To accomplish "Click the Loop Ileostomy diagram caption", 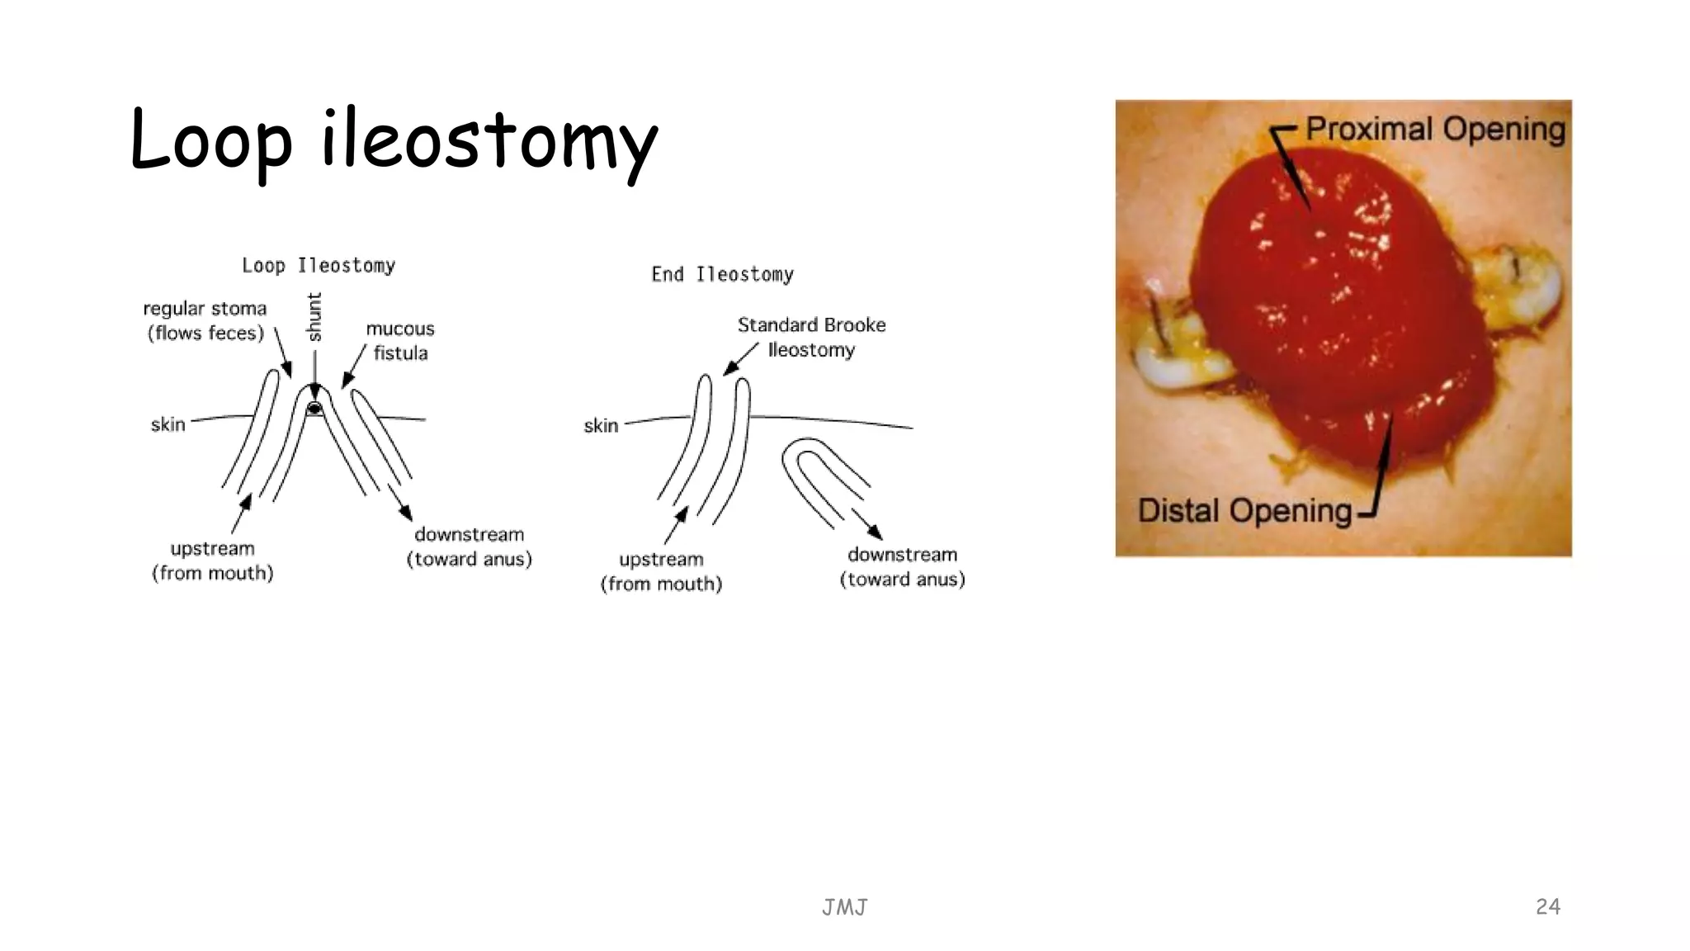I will [x=319, y=266].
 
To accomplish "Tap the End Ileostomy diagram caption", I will [x=722, y=274].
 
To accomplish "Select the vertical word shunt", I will [x=314, y=316].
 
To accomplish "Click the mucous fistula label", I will [x=400, y=340].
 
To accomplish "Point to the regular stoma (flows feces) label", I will [x=205, y=320].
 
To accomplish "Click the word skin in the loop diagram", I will [x=168, y=424].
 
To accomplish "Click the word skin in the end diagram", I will [x=601, y=426].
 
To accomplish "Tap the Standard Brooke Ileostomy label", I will [x=811, y=337].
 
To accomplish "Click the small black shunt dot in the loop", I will [x=314, y=409].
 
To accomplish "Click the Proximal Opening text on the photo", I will [x=1435, y=130].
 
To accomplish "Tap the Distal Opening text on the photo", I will [x=1244, y=510].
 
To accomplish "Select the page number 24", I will [x=1547, y=906].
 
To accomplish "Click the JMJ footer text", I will [x=844, y=908].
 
